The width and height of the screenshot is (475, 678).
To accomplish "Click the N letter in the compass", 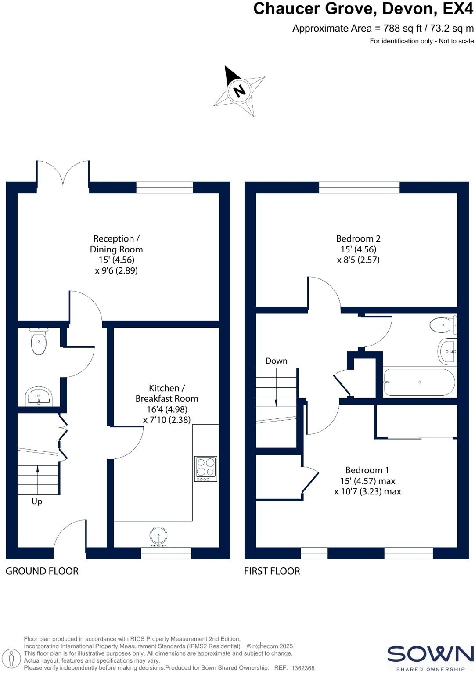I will point(239,91).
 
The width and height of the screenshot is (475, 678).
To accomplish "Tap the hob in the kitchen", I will point(205,468).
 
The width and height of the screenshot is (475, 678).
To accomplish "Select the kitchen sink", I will point(158,537).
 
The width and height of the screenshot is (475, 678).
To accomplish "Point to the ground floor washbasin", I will point(39,397).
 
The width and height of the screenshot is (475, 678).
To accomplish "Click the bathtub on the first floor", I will point(419,382).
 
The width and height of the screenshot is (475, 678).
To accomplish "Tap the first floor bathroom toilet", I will point(443,325).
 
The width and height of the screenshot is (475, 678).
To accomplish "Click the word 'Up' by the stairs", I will point(37,501).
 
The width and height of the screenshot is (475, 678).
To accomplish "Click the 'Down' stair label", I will point(276,361).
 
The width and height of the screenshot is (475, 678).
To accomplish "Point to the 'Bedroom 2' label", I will point(358,238).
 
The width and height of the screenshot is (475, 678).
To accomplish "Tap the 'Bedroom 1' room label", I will point(367,470).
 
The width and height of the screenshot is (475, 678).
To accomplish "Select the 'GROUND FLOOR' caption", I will point(42,571).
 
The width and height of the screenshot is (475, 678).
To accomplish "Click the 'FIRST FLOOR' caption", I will point(272,571).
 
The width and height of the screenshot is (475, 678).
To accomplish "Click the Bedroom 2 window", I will point(359,188).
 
